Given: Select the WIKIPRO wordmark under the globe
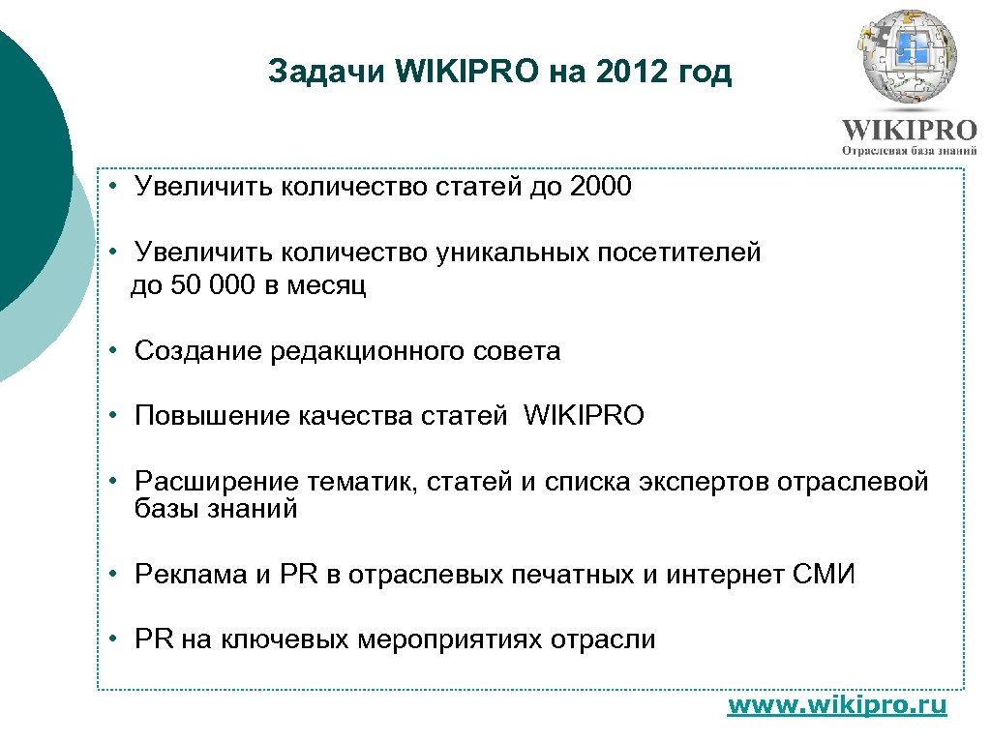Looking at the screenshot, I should (909, 131).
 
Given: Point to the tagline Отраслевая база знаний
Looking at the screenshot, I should (910, 151).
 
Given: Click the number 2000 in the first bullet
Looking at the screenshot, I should (601, 187).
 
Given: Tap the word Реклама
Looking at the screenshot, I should (191, 575).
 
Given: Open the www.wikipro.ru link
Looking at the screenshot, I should (837, 705).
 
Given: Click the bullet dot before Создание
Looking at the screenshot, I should (113, 350).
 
